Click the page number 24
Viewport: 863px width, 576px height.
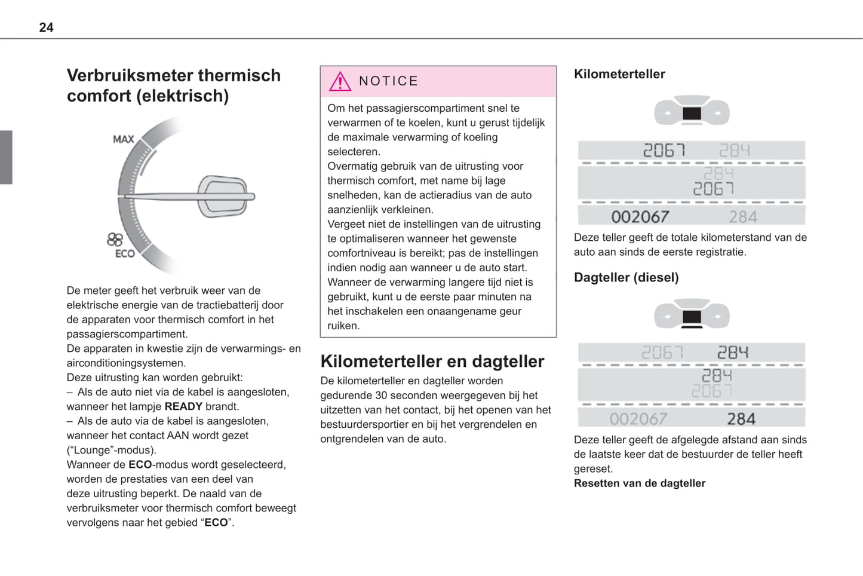(46, 27)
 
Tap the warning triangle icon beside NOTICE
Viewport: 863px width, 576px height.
(340, 81)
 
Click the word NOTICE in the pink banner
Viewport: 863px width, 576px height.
(388, 81)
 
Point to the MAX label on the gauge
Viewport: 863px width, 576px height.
(124, 139)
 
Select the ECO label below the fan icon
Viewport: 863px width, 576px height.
(125, 254)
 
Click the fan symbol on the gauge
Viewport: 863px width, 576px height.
(115, 240)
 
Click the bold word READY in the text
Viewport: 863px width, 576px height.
(183, 407)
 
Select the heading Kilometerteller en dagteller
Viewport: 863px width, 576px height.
(432, 361)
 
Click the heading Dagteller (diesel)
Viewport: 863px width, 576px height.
(626, 277)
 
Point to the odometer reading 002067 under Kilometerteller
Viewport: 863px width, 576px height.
(640, 217)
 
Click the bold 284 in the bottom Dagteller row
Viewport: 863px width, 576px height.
(741, 419)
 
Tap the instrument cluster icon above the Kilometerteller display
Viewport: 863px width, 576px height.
(692, 111)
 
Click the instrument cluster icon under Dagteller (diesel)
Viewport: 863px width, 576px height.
(692, 315)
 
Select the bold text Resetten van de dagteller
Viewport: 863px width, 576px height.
(639, 483)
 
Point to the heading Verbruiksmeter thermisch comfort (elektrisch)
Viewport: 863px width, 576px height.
(173, 85)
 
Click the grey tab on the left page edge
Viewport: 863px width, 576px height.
(6, 157)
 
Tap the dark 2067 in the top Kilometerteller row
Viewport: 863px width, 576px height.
(664, 150)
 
